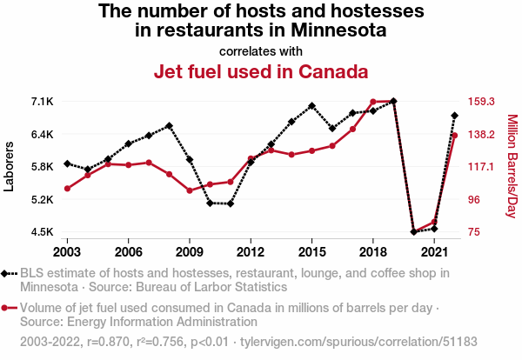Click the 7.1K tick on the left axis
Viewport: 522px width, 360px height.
42,102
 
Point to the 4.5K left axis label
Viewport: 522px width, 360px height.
42,232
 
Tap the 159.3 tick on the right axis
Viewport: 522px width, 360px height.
479,102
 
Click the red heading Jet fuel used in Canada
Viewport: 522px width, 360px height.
261,70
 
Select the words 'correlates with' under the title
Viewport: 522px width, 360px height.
261,50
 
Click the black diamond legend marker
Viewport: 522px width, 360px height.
9,273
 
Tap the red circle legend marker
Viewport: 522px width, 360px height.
9,308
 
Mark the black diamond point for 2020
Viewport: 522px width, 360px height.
413,232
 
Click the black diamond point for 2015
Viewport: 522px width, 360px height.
311,105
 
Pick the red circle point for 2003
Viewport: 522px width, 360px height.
67,189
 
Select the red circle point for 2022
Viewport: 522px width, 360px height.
454,135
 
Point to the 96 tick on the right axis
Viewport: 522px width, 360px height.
473,199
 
